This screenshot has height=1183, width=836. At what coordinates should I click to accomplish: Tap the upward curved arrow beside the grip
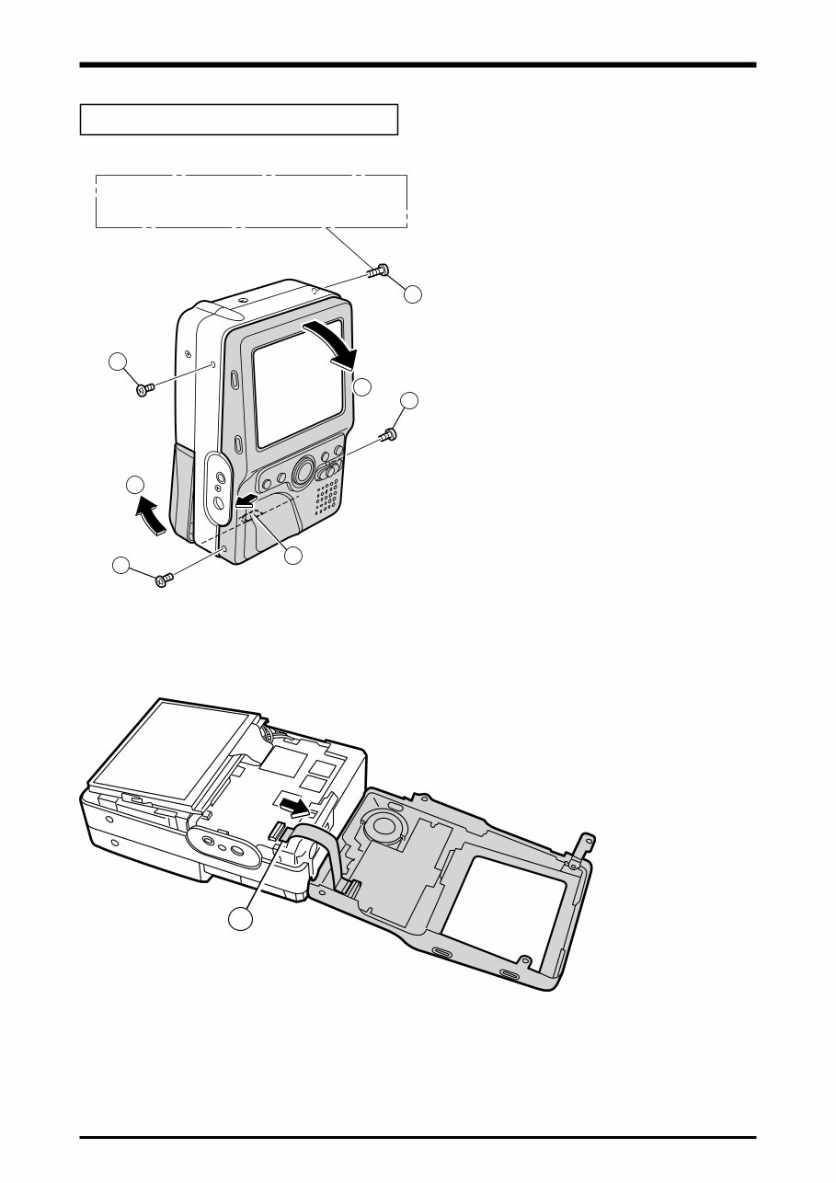coord(151,515)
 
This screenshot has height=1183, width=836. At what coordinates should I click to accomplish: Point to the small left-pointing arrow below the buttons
coord(245,500)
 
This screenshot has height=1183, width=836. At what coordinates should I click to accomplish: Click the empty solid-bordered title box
coord(239,120)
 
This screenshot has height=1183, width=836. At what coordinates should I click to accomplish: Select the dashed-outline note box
coord(251,201)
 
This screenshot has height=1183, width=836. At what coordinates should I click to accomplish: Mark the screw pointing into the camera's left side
coord(143,390)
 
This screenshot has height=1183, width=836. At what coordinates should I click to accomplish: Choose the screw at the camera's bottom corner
coord(165,579)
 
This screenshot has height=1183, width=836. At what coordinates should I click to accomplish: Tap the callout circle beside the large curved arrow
coord(362,386)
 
